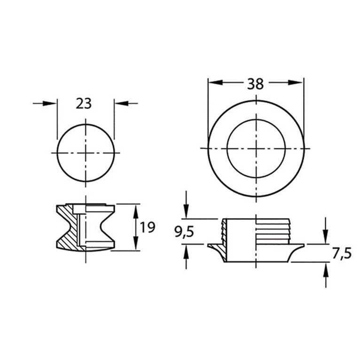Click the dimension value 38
point(256,84)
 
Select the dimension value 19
point(148,227)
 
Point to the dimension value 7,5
point(342,254)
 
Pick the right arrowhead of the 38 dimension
point(295,82)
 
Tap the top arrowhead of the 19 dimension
point(135,210)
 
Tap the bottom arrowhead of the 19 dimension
point(135,244)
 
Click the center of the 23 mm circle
point(86,153)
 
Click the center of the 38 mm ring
point(256,148)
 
